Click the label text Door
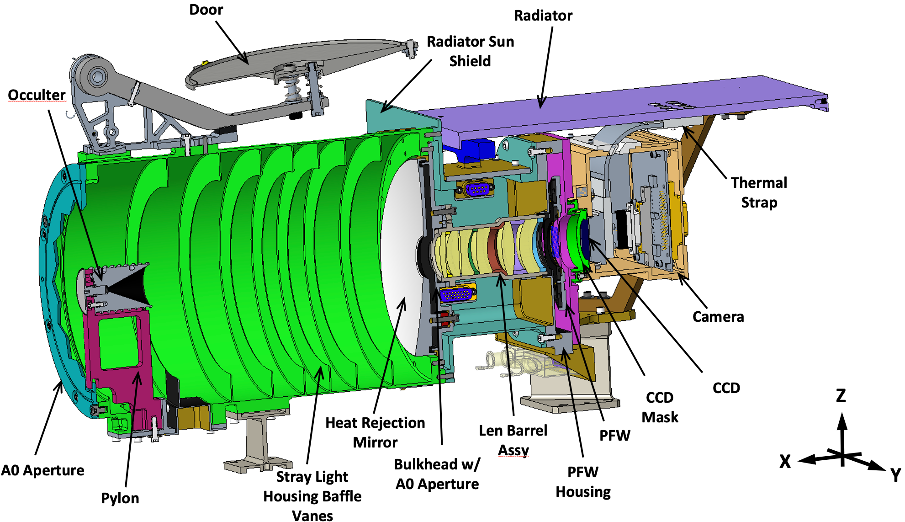(x=206, y=10)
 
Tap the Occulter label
(x=37, y=95)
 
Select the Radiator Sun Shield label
(x=470, y=51)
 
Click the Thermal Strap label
(x=759, y=192)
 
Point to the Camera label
(x=718, y=317)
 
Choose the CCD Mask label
(x=660, y=407)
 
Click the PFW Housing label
(x=583, y=482)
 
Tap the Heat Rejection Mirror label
(x=375, y=432)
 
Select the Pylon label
(x=120, y=498)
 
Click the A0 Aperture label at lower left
(x=42, y=470)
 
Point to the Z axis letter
(x=841, y=396)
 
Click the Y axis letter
(x=895, y=475)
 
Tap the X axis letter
(x=785, y=462)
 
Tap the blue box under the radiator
(x=477, y=149)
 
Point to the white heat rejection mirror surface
(x=402, y=256)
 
